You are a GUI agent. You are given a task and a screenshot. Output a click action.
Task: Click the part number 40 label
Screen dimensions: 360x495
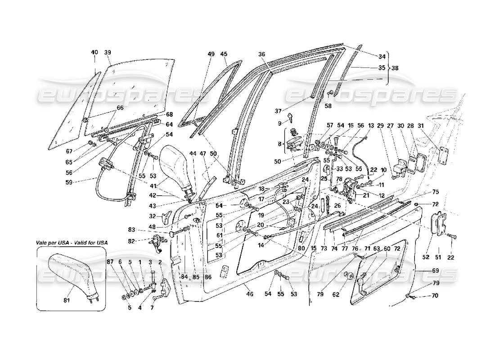(94, 53)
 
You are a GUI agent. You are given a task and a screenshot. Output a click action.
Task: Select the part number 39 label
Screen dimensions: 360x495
(108, 53)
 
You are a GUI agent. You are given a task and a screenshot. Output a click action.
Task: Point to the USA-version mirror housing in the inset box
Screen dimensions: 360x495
(72, 272)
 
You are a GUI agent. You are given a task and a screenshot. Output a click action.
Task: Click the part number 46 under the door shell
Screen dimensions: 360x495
(250, 294)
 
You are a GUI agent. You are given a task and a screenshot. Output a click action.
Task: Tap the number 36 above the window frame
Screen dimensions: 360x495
(262, 54)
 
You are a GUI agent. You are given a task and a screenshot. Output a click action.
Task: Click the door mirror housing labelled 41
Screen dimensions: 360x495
(178, 164)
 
